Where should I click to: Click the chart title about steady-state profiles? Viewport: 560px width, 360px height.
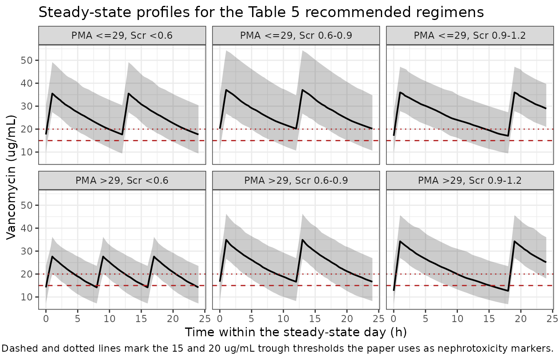[261, 12]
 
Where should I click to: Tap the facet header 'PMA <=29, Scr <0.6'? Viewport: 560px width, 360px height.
[122, 35]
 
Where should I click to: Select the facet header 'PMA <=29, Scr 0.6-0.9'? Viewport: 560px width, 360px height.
[296, 35]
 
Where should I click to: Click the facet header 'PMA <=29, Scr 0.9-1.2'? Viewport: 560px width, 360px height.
[470, 35]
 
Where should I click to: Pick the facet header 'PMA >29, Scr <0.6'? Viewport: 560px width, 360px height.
[122, 180]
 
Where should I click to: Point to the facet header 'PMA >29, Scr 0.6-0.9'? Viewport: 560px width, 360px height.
[296, 180]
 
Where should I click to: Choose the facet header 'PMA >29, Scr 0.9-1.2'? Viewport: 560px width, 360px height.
[470, 180]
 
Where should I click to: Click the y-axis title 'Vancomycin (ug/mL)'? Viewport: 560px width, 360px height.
[11, 177]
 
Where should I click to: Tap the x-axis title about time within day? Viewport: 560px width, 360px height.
[296, 332]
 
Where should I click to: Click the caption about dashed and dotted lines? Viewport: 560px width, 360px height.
[277, 348]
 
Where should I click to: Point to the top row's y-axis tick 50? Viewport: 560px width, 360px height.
[27, 60]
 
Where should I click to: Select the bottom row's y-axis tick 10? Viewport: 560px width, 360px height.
[27, 297]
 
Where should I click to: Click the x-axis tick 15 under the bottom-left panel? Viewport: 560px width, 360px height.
[141, 319]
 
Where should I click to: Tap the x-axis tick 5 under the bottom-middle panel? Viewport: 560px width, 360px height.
[251, 319]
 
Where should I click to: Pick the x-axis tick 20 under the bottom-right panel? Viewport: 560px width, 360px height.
[520, 319]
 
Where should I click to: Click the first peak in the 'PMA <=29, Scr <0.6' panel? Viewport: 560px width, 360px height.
[52, 93]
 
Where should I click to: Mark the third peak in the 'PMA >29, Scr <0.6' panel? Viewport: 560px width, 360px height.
[154, 256]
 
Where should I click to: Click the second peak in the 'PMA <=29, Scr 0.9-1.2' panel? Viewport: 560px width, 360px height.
[515, 92]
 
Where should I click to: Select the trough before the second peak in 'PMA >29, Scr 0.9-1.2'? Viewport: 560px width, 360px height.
[508, 291]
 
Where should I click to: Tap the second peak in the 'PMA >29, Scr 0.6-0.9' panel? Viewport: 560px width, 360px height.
[302, 240]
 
